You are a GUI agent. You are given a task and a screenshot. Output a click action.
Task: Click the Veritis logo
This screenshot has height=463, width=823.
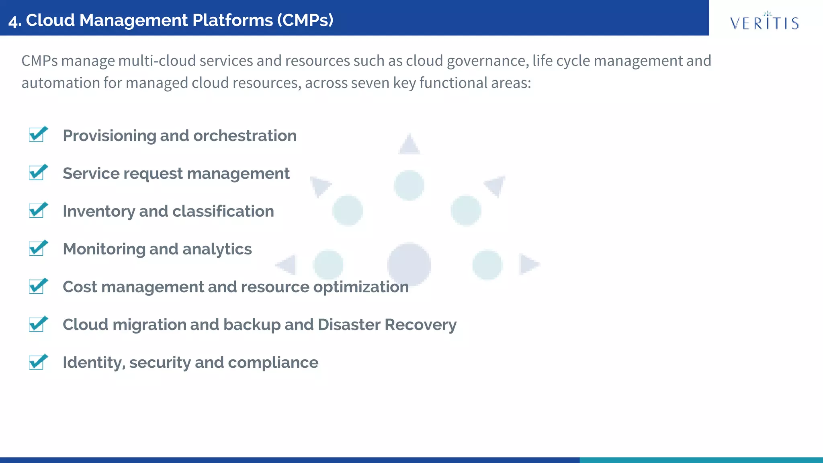click(x=764, y=22)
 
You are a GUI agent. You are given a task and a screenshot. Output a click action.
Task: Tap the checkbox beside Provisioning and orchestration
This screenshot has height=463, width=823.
click(x=37, y=135)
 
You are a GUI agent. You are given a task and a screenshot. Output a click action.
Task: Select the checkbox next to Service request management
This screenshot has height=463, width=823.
click(x=37, y=173)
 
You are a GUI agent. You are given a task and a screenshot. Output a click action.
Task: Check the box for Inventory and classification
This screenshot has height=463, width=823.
click(x=37, y=211)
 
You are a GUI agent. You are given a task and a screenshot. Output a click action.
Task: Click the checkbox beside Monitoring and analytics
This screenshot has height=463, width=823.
click(x=37, y=248)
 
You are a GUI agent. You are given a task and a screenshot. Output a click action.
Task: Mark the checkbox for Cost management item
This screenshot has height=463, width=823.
click(x=37, y=286)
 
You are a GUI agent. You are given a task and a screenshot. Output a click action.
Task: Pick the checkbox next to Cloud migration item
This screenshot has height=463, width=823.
click(x=37, y=324)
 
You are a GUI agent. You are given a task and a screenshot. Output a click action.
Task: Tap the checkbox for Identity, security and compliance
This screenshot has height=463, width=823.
click(x=37, y=362)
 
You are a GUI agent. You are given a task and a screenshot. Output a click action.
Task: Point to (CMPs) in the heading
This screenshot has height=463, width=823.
click(x=305, y=20)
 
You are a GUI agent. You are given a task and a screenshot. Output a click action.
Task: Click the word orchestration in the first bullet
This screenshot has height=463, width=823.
click(x=245, y=136)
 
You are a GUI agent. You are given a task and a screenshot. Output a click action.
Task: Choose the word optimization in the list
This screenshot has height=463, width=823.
click(x=361, y=287)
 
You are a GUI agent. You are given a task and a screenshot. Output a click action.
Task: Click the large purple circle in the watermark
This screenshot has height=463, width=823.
click(x=409, y=264)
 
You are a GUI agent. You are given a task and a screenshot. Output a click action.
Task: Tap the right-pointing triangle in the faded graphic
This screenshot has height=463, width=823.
click(x=528, y=264)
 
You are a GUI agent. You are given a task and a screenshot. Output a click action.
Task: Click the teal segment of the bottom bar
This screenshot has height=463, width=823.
click(x=701, y=460)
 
